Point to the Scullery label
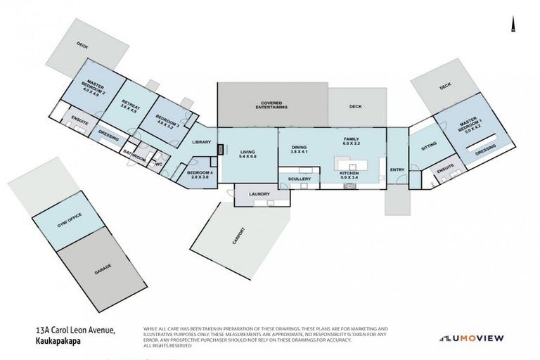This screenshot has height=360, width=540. pos(299,179)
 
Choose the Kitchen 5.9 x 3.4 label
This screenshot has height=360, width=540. pos(349,175)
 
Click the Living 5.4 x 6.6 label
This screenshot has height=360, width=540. pos(247,154)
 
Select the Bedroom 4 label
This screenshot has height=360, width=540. pos(200,174)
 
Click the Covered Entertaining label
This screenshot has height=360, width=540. pos(272,105)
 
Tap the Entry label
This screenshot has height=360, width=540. pos(397,169)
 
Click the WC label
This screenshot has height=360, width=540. pos(158,165)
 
